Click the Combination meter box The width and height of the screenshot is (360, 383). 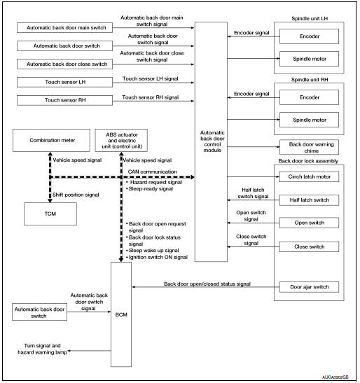point(48,140)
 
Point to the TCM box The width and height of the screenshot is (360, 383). point(48,209)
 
